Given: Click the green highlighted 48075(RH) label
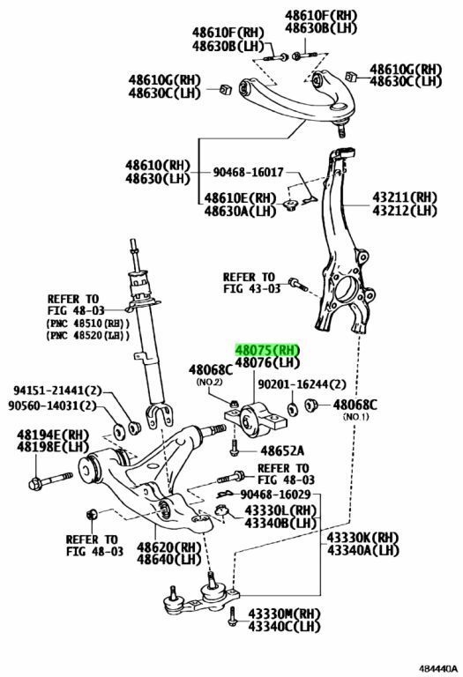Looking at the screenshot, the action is [266, 350].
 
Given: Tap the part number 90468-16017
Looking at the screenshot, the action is [249, 173].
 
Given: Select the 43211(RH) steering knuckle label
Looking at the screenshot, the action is [405, 197].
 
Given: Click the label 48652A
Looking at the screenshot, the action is [282, 451].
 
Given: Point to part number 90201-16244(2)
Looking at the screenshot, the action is [302, 383].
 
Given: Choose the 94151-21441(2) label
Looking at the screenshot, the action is [57, 391].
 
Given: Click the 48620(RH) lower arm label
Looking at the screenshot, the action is [169, 547].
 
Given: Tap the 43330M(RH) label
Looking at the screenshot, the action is [284, 614].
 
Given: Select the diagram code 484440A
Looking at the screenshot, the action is [437, 669].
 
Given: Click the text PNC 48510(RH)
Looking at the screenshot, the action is [88, 324].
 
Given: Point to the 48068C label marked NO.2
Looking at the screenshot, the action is [211, 370].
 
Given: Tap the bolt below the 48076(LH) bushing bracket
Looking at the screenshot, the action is [234, 447].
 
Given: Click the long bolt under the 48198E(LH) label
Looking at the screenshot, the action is [50, 480].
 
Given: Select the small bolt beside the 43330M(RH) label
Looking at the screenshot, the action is [233, 616].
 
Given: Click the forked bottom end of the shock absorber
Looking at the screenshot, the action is [160, 415].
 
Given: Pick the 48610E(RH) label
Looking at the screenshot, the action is [240, 198].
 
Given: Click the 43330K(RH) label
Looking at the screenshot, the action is [362, 538].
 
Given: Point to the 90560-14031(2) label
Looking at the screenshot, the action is [52, 405].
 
